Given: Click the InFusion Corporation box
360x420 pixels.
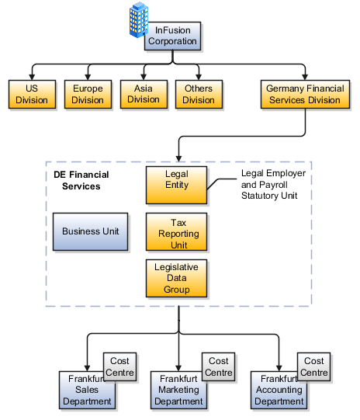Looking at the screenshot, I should click(x=171, y=35).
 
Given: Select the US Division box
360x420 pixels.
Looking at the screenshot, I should click(x=31, y=94).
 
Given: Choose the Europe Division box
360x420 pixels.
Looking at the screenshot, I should click(x=87, y=94).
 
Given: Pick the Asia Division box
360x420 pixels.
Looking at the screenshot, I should click(x=143, y=94).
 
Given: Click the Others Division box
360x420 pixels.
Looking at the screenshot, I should click(x=198, y=94).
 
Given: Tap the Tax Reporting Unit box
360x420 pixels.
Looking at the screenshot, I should click(x=177, y=233).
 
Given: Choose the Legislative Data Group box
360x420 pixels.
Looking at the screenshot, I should click(x=177, y=279).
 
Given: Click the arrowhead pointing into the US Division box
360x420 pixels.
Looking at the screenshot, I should click(x=31, y=75).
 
